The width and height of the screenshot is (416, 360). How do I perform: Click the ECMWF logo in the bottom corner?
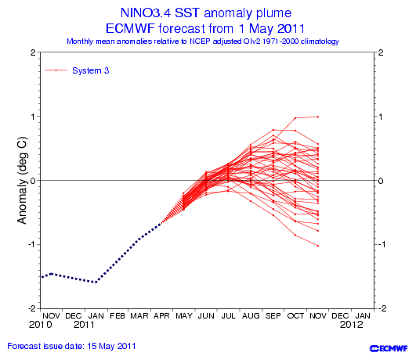pyautogui.click(x=389, y=348)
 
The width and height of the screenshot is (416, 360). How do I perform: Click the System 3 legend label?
pyautogui.click(x=90, y=70)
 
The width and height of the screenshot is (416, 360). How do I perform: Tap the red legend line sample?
pyautogui.click(x=56, y=70)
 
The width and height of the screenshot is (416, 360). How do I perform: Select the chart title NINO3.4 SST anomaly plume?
pyautogui.click(x=206, y=13)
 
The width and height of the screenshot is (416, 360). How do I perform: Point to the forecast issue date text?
pyautogui.click(x=71, y=346)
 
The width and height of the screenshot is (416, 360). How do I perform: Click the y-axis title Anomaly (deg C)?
pyautogui.click(x=22, y=180)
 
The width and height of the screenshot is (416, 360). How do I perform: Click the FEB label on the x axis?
pyautogui.click(x=118, y=315)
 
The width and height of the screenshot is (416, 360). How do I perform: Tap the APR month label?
pyautogui.click(x=161, y=315)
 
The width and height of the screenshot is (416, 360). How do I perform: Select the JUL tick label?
pyautogui.click(x=229, y=315)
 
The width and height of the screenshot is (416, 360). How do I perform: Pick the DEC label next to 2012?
pyautogui.click(x=340, y=315)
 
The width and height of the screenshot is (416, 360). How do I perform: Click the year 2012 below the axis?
pyautogui.click(x=351, y=325)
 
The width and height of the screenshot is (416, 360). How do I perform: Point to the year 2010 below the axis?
pyautogui.click(x=40, y=325)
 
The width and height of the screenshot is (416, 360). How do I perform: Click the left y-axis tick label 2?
pyautogui.click(x=33, y=52)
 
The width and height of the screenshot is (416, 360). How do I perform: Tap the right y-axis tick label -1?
pyautogui.click(x=381, y=244)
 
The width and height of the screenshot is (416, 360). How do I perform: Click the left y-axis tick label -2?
pyautogui.click(x=32, y=308)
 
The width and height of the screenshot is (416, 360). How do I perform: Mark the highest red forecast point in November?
pyautogui.click(x=318, y=117)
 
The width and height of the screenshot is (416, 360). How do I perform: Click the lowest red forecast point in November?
pyautogui.click(x=318, y=246)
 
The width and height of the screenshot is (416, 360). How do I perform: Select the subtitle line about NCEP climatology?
pyautogui.click(x=203, y=41)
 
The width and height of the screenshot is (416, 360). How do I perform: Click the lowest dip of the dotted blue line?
pyautogui.click(x=96, y=283)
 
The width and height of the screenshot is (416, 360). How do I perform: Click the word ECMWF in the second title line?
pyautogui.click(x=130, y=28)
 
